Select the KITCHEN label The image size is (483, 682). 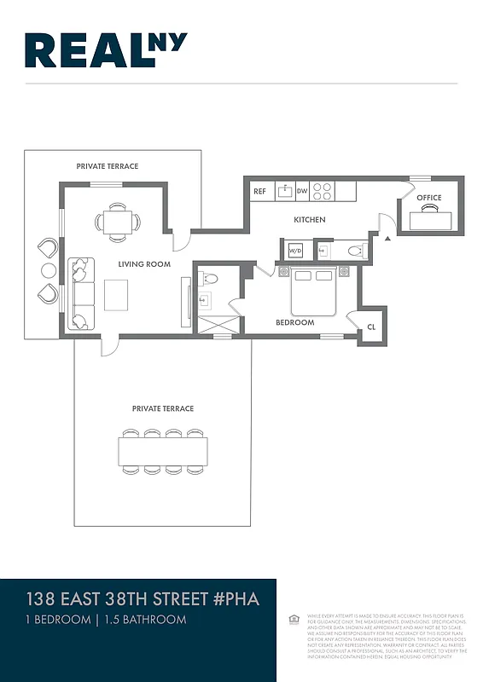[310, 220]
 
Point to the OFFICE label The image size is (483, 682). [429, 198]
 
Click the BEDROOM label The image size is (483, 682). [294, 323]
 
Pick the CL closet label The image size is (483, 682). [371, 327]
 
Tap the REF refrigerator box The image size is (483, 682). [259, 192]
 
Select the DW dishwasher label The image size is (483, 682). [302, 192]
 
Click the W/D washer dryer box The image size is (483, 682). [295, 251]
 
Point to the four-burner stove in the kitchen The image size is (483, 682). [323, 191]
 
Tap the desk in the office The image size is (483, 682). [434, 220]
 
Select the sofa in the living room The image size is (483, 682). [81, 293]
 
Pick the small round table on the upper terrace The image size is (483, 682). [49, 270]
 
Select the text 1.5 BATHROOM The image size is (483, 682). [144, 620]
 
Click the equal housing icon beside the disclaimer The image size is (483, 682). [294, 618]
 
